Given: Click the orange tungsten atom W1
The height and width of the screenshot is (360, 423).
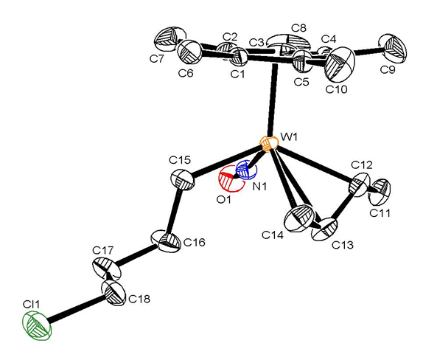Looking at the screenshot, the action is (x=268, y=144).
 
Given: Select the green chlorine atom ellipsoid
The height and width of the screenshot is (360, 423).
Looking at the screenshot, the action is (x=37, y=325).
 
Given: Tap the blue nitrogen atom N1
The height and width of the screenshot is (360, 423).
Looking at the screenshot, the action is (x=246, y=170).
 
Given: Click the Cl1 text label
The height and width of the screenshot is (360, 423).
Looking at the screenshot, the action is (x=31, y=304).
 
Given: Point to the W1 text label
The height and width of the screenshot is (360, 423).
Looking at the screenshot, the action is (x=289, y=137).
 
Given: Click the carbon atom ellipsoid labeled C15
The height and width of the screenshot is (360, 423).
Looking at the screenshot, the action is (x=182, y=180).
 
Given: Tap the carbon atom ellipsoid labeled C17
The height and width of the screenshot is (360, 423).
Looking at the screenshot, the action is (x=106, y=269).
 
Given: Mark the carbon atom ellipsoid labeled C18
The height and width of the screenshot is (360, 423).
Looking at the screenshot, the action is (x=113, y=293).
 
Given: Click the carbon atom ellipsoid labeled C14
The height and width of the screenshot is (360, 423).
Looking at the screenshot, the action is (x=299, y=218).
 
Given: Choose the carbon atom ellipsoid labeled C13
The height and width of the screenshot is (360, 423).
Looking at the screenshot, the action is (x=324, y=229).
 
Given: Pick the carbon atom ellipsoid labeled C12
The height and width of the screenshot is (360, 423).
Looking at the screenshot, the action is (x=360, y=185).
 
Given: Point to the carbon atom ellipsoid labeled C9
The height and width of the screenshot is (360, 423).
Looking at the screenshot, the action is (x=393, y=49).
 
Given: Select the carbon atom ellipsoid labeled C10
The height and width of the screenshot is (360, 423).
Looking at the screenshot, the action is (x=340, y=63).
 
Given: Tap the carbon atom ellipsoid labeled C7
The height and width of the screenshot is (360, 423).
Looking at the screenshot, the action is (x=171, y=39).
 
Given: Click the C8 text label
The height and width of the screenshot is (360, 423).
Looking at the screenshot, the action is (x=298, y=28).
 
